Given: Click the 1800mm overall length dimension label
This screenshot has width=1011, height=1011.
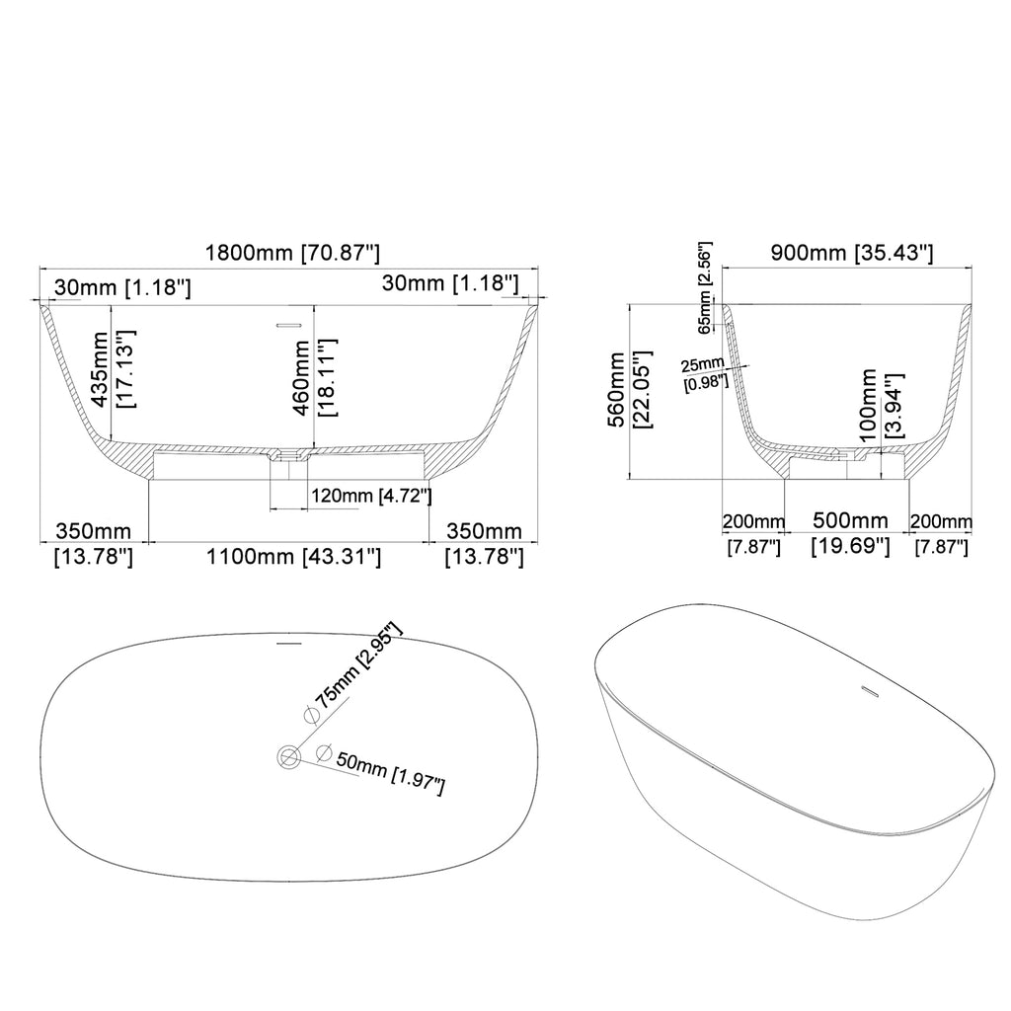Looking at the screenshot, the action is (x=292, y=252).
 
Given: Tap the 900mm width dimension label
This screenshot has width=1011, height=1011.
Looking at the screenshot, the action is (x=852, y=252).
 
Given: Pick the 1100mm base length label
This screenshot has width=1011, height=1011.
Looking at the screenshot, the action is (x=293, y=556).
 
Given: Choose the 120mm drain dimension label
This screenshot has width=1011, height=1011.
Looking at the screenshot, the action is (x=371, y=496).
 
